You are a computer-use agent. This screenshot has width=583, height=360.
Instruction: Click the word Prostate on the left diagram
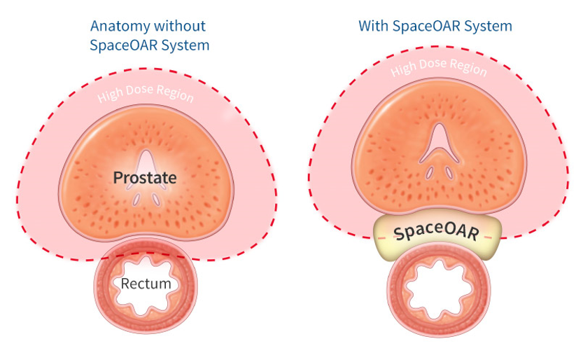145,178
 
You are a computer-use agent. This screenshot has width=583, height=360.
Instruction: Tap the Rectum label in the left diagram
146,284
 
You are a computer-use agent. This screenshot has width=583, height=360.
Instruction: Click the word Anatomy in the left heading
120,26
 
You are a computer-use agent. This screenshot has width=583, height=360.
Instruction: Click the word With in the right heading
373,26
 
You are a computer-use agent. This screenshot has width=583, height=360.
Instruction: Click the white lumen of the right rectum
439,289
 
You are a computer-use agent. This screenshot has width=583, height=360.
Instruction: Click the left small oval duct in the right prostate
430,172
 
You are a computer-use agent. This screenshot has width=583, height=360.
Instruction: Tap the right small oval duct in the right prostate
449,172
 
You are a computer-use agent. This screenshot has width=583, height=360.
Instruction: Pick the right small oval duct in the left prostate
156,200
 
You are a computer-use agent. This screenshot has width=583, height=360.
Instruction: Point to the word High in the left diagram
110,95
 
